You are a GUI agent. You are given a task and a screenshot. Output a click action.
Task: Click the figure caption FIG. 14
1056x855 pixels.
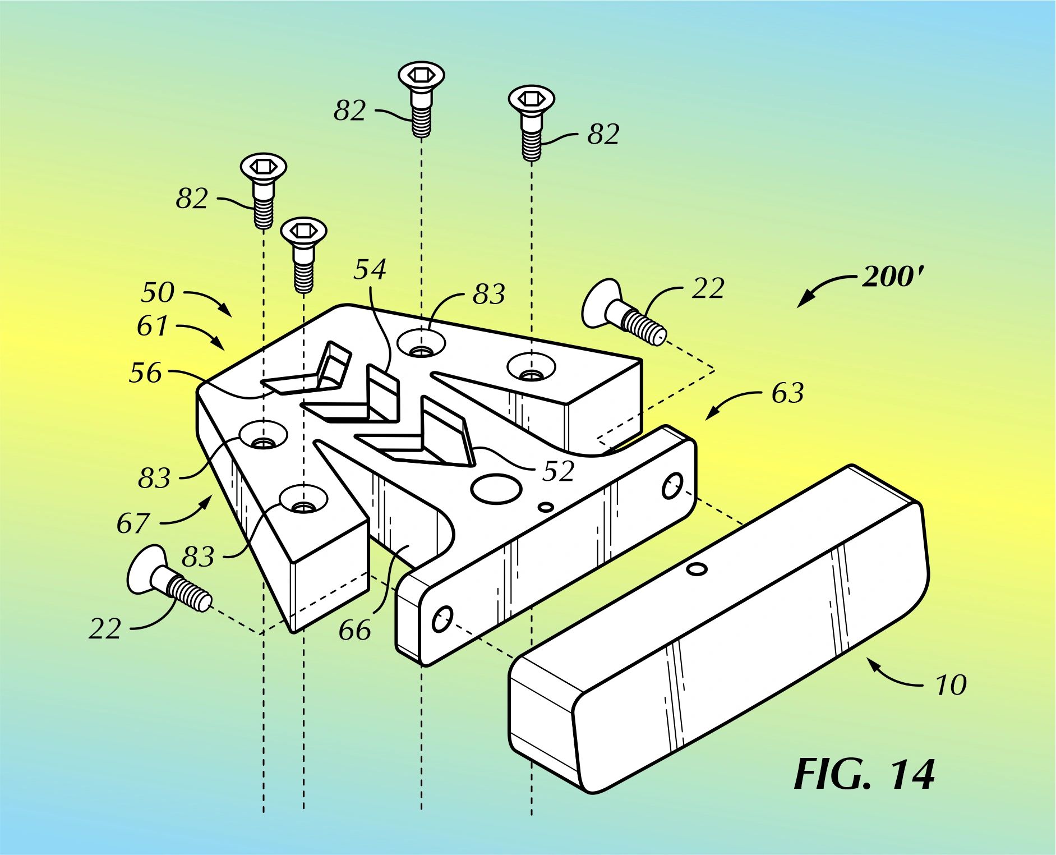point(864,775)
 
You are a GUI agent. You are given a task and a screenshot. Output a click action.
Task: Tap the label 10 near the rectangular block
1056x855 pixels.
point(951,685)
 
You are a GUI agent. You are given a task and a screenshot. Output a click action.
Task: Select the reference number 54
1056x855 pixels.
point(370,269)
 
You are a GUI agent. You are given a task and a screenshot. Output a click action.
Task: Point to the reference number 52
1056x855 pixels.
point(558,471)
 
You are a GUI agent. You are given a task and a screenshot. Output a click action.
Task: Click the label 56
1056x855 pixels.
point(145,373)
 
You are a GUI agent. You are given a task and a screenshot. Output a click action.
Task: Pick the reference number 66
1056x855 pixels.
point(354,631)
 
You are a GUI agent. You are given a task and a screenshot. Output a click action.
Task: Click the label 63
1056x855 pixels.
point(787,393)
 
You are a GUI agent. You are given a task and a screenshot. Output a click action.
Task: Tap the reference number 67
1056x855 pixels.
point(133,523)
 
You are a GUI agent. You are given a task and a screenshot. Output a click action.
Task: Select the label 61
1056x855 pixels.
point(152,326)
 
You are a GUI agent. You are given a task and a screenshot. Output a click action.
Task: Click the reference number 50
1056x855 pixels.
point(158,292)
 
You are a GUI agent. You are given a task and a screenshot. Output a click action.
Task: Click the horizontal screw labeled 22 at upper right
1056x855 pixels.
point(622,314)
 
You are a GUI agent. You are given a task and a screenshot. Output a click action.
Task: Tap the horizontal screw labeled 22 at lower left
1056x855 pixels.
point(168,583)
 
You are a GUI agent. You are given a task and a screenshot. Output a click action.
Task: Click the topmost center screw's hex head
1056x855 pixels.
point(421,75)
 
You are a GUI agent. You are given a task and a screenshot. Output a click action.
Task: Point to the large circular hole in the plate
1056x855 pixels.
point(496,488)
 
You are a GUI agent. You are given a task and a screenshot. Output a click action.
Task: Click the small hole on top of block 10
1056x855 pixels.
point(697,570)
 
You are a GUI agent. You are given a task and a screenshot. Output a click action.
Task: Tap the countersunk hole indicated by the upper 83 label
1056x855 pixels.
point(421,343)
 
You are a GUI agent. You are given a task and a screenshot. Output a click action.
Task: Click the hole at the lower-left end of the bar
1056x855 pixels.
point(442,619)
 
